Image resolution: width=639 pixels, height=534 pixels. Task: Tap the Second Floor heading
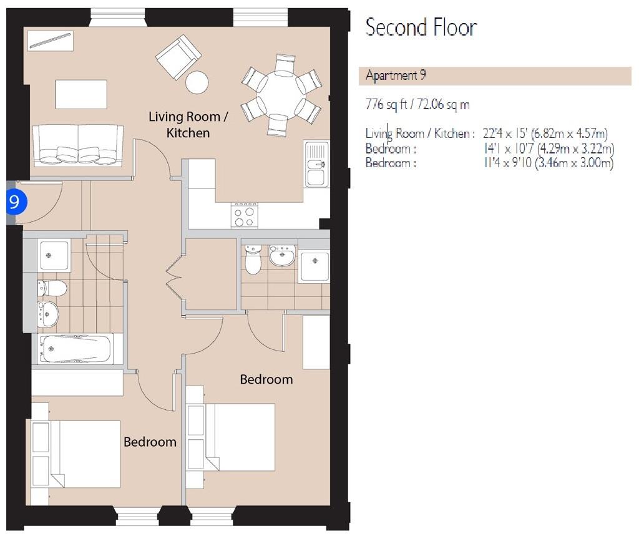coord(421,27)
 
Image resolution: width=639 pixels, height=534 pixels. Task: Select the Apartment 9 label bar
coord(497,76)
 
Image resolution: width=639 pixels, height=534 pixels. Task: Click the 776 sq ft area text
coord(417,104)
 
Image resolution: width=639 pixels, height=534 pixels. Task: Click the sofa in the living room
coord(78,145)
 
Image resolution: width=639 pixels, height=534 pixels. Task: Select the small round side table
coord(197,82)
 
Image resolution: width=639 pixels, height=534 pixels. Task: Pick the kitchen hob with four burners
coord(244,216)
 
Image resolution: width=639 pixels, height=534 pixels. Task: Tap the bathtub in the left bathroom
coord(76,349)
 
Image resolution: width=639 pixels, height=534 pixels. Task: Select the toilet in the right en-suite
coord(253,261)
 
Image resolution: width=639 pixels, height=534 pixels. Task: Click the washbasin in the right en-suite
coord(282,255)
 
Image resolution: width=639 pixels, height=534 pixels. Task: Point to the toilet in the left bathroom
coord(52,288)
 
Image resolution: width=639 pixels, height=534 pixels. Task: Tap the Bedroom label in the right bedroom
coord(266,379)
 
